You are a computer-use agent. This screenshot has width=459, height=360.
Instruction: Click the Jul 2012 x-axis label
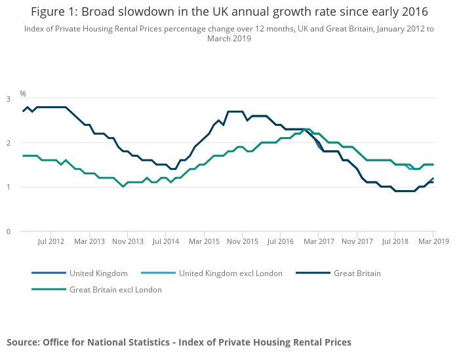click(50, 241)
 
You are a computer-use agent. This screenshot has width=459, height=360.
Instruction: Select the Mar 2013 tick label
click(89, 241)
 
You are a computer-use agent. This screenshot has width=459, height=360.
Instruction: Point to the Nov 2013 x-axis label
click(127, 241)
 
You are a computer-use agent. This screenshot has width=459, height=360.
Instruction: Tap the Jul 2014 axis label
click(166, 241)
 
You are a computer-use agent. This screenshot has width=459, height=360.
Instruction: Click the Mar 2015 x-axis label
click(204, 241)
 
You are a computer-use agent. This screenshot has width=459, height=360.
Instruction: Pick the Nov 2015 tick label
click(243, 241)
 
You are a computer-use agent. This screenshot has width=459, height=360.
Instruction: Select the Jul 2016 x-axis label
click(281, 241)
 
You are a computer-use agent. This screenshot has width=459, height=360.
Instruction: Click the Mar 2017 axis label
click(319, 241)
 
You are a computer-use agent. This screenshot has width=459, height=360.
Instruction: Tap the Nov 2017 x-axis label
click(357, 241)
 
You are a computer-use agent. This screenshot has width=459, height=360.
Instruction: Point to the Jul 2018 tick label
click(395, 241)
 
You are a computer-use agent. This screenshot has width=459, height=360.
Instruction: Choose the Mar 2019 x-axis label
click(433, 241)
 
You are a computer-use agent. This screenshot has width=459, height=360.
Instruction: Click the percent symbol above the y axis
click(23, 94)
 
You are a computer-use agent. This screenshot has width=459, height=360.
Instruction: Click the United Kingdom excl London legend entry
click(230, 273)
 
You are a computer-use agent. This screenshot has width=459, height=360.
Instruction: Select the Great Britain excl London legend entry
click(115, 289)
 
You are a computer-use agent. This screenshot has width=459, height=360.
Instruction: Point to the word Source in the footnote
click(22, 342)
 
